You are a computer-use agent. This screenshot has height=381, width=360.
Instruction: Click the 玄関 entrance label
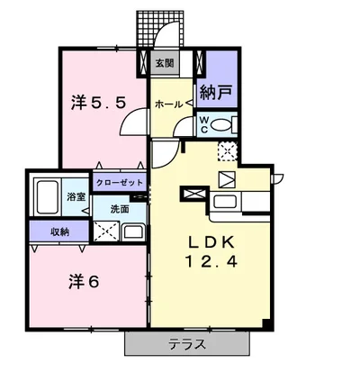pyautogui.click(x=165, y=64)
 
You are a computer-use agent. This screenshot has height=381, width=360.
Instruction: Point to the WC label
pyautogui.click(x=203, y=123)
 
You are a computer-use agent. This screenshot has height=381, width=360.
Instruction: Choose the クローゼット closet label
pyautogui.click(x=119, y=183)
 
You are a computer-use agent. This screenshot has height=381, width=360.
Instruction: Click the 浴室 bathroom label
pyautogui.click(x=76, y=195)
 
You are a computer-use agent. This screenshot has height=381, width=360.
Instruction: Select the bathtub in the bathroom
pyautogui.click(x=45, y=196)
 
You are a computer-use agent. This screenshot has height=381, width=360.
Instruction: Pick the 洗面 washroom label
pyautogui.click(x=120, y=208)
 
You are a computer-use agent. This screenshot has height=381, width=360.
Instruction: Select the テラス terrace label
pyautogui.click(x=186, y=344)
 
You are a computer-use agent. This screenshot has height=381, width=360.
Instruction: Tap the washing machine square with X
pyautogui.click(x=106, y=231)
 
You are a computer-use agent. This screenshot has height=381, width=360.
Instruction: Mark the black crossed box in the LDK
pyautogui.click(x=193, y=192)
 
